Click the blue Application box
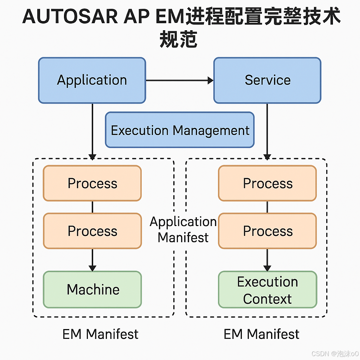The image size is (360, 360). point(92,80)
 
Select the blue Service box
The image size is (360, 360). point(267,80)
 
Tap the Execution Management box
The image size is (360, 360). point(180,130)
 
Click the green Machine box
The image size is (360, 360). point(92,289)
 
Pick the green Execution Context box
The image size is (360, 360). point(267,290)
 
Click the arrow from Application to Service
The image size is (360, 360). point(179,81)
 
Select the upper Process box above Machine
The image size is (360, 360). point(92,183)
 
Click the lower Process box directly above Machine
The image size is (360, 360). point(92,231)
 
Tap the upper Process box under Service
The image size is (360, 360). point(267,183)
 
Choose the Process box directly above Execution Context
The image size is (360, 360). point(267,231)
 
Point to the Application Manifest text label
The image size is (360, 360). point(183,230)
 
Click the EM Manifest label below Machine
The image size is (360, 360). point(100,334)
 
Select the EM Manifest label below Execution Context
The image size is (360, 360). point(262,334)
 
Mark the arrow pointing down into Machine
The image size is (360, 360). point(92,260)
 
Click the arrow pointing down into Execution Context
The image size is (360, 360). point(267,260)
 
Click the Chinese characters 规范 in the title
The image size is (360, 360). point(178,39)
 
